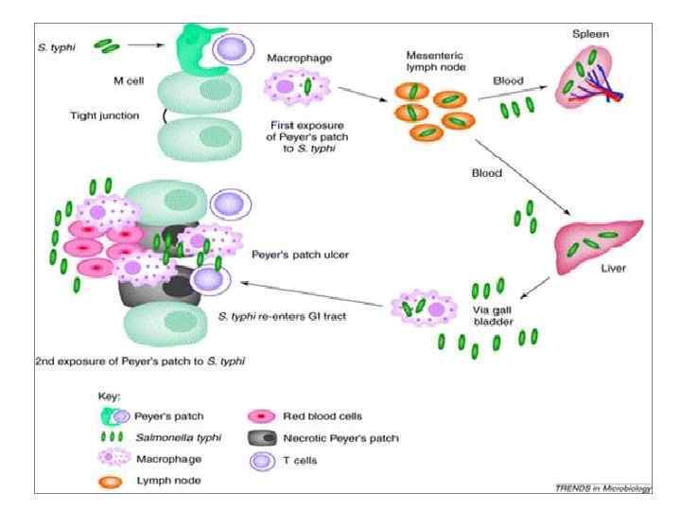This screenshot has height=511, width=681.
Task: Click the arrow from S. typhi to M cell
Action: tap(148, 44)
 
